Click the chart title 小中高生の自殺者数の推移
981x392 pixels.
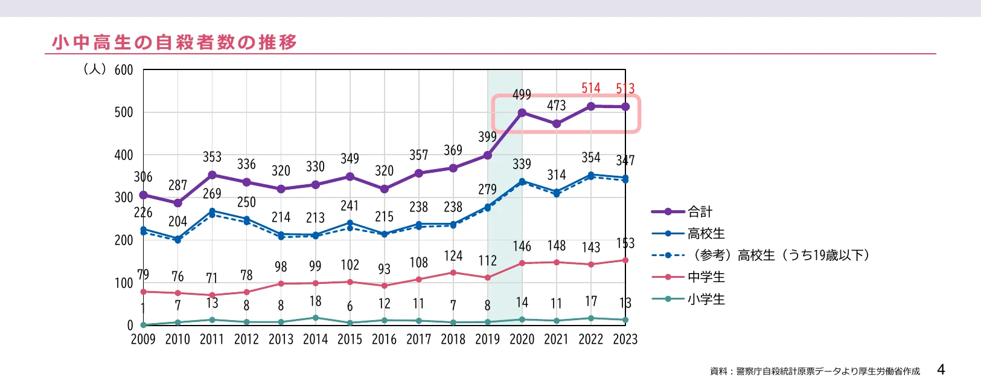tap(174, 42)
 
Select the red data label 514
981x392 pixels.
tap(591, 88)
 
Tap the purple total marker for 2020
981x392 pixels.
tap(522, 113)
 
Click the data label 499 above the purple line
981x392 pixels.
tap(522, 95)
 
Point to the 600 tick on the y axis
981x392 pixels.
tap(124, 70)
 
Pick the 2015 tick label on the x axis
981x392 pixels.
tap(350, 339)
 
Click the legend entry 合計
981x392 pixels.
tap(700, 212)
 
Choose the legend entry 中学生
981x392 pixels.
tap(706, 277)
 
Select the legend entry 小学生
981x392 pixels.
tap(706, 300)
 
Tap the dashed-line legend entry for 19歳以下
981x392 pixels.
tap(779, 255)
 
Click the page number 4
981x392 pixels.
tap(941, 370)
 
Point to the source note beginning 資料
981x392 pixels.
tap(815, 371)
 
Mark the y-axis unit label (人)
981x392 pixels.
tap(95, 69)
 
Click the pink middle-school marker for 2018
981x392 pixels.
tap(453, 272)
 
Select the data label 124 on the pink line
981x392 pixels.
tap(453, 256)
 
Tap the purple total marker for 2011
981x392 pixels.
tap(212, 175)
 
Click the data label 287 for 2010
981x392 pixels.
tap(177, 185)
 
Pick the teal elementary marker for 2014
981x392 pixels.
tap(315, 318)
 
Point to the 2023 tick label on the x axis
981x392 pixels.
tap(625, 339)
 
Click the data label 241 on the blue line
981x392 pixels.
tap(350, 206)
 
